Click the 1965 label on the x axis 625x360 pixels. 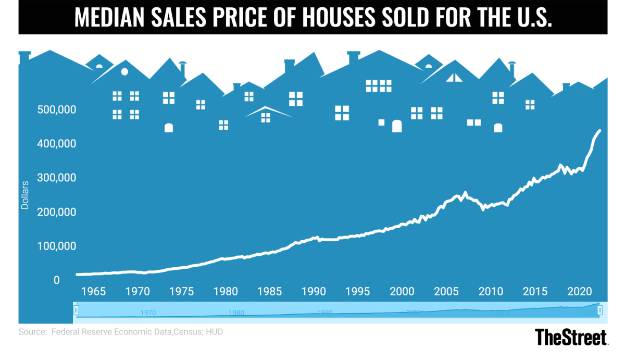pyautogui.click(x=93, y=290)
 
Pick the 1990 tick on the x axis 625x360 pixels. pyautogui.click(x=314, y=290)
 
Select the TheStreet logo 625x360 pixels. pyautogui.click(x=571, y=337)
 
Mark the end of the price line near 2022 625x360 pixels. pyautogui.click(x=599, y=131)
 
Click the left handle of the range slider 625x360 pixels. pyautogui.click(x=76, y=311)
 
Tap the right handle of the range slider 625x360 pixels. pyautogui.click(x=600, y=311)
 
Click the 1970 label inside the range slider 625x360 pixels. pyautogui.click(x=148, y=313)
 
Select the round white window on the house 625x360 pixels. pyautogui.click(x=124, y=71)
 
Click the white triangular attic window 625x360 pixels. pyautogui.click(x=454, y=78)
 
